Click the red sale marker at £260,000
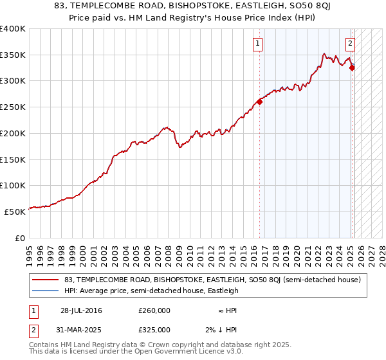tap(260, 102)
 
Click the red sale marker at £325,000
tap(352, 67)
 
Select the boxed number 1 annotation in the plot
tap(257, 44)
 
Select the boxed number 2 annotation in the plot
tap(350, 44)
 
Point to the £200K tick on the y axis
tap(13, 133)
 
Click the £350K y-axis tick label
tap(13, 55)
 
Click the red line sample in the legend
tap(44, 280)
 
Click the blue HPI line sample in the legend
tap(44, 291)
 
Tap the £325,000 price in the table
tap(154, 330)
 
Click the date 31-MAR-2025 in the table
tap(81, 330)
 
